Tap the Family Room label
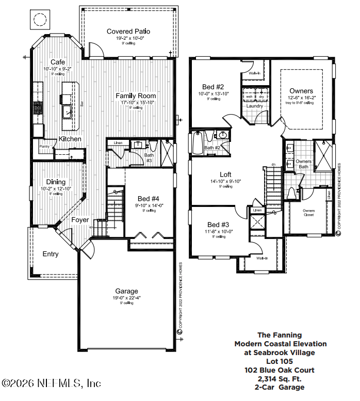click(x=136, y=96)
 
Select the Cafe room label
click(x=57, y=62)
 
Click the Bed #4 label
click(x=149, y=199)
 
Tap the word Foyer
click(x=80, y=220)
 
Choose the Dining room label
click(x=56, y=182)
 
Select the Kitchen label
click(x=70, y=139)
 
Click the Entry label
click(x=51, y=254)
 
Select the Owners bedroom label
click(x=301, y=91)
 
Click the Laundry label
click(x=255, y=106)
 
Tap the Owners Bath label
click(x=303, y=164)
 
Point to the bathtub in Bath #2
click(x=198, y=143)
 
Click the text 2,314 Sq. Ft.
click(x=280, y=378)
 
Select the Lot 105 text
click(x=280, y=361)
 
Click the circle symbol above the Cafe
click(x=39, y=20)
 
